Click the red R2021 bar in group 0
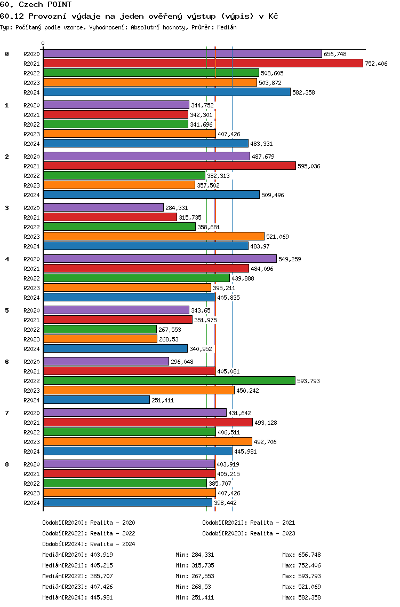(203, 63)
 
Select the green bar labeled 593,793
(169, 380)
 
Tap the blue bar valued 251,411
(96, 400)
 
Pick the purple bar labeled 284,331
(103, 207)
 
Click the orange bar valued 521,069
(154, 236)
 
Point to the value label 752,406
(376, 64)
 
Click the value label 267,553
(170, 330)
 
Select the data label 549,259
(290, 259)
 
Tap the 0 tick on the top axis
(43, 44)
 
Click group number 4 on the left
(7, 259)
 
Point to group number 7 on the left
(7, 413)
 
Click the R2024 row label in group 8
(31, 503)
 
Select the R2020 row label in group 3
(31, 208)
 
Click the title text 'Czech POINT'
(45, 4)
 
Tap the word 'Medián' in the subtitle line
(226, 27)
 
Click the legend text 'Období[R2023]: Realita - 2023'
(249, 533)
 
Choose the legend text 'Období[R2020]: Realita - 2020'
(89, 523)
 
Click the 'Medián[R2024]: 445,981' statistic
(77, 597)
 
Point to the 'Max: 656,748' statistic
(301, 555)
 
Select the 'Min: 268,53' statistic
(193, 587)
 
